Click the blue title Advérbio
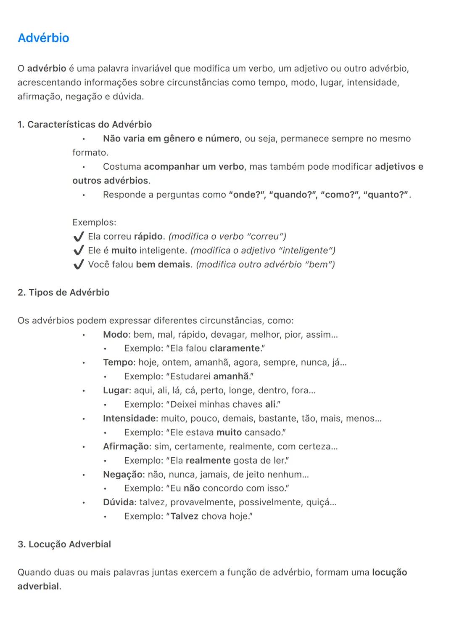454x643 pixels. click(x=43, y=38)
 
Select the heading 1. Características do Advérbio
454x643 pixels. click(x=84, y=125)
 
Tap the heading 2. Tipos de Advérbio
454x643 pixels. click(x=63, y=292)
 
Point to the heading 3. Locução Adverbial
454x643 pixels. click(x=64, y=544)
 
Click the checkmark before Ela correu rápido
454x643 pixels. click(x=79, y=237)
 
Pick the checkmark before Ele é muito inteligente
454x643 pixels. click(x=79, y=251)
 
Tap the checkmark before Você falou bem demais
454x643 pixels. click(x=79, y=264)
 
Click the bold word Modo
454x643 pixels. click(x=115, y=334)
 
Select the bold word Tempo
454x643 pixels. click(x=118, y=363)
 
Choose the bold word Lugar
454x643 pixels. click(x=116, y=390)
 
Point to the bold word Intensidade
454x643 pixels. click(x=129, y=418)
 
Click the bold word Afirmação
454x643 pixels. click(x=126, y=446)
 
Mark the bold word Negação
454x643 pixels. click(x=123, y=474)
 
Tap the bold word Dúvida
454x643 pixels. click(x=119, y=502)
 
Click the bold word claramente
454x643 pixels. click(x=235, y=348)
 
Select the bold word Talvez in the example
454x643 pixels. click(x=184, y=516)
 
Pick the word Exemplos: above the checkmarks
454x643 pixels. click(x=94, y=222)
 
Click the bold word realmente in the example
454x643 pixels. click(x=208, y=460)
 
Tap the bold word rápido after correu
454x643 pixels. click(x=148, y=236)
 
